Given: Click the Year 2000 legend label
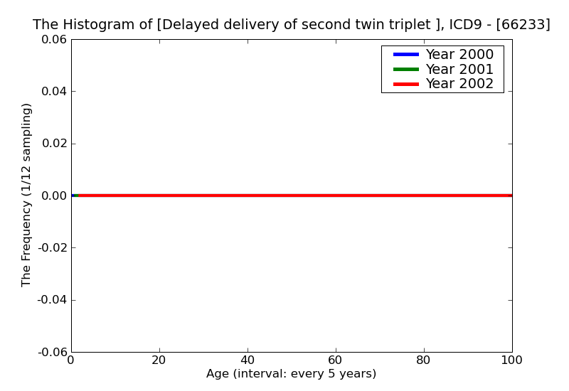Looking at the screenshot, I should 459,55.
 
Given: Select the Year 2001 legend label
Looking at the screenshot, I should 459,69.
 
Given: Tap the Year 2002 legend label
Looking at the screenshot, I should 459,84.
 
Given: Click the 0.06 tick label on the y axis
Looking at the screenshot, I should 53,40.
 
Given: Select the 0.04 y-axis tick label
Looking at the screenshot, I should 53,92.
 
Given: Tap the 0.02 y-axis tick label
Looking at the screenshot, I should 53,144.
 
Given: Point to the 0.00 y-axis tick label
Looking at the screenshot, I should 53,195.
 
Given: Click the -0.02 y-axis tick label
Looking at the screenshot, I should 50,248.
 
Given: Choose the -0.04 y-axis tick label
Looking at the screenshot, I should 50,300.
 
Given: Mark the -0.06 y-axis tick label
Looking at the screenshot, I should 50,352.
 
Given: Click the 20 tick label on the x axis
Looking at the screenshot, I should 159,360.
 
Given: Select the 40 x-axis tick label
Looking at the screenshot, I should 248,360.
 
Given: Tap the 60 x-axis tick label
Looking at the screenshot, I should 336,360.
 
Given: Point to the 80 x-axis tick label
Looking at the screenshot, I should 424,360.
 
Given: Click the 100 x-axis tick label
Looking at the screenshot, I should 511,360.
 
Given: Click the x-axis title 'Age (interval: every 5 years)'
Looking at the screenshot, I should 291,374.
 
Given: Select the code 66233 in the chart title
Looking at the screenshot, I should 523,25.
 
